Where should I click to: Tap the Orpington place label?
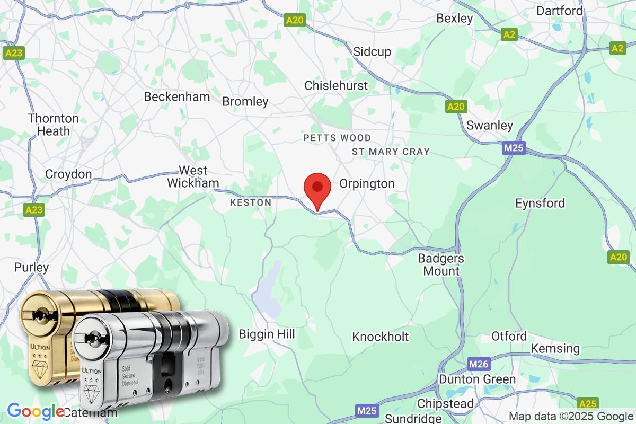tap(367, 184)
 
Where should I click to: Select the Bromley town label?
tap(245, 101)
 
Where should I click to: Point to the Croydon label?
tap(68, 174)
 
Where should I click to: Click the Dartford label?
tap(560, 11)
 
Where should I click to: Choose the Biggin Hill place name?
tap(267, 334)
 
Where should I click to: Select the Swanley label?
tap(490, 126)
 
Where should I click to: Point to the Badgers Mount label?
tap(441, 264)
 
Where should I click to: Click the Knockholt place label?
tap(381, 337)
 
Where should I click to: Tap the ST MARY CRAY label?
tap(391, 152)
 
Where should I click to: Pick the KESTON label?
tap(251, 202)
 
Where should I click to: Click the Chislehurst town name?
tap(336, 85)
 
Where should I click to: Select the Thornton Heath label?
tap(54, 124)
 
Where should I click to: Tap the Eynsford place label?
tap(540, 203)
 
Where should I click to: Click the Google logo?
tap(35, 411)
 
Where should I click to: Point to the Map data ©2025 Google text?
tap(571, 416)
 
